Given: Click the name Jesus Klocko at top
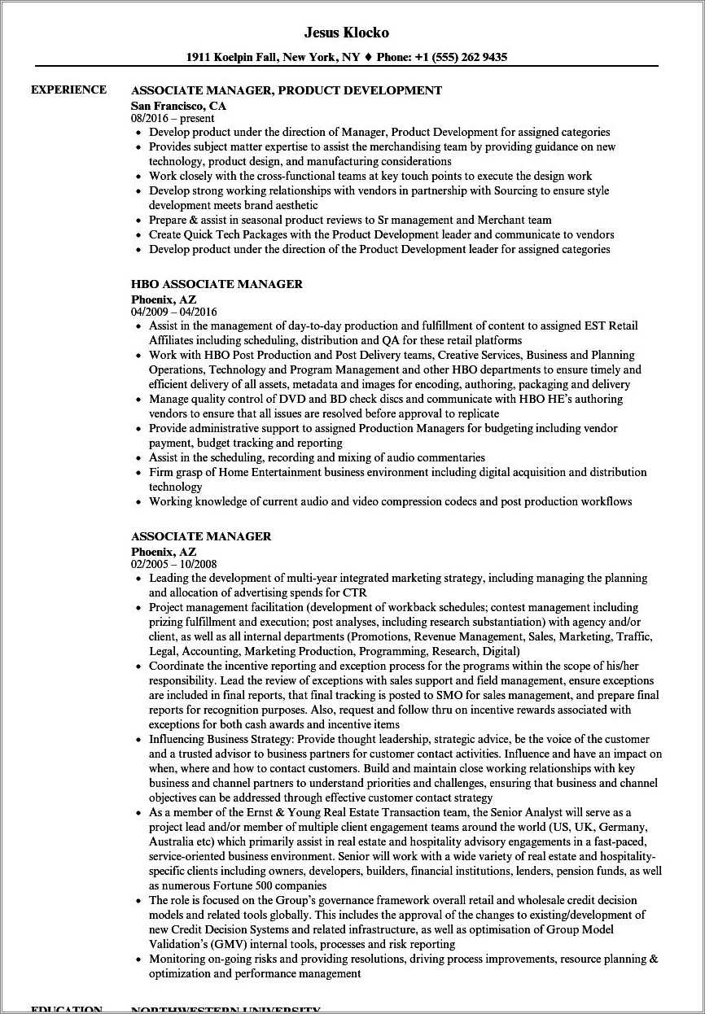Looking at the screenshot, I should pyautogui.click(x=346, y=33).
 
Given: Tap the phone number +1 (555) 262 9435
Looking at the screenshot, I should pyautogui.click(x=461, y=57).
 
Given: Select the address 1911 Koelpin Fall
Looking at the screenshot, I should pyautogui.click(x=233, y=57).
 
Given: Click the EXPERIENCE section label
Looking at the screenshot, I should pyautogui.click(x=68, y=90).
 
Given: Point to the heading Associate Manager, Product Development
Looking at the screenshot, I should pyautogui.click(x=286, y=90).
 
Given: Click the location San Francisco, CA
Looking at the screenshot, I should pyautogui.click(x=178, y=106).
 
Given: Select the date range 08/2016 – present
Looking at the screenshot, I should pyautogui.click(x=173, y=119).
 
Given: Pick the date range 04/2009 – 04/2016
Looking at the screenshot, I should pyautogui.click(x=173, y=312).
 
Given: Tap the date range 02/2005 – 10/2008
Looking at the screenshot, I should pyautogui.click(x=173, y=564).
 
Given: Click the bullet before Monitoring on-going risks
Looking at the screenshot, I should pyautogui.click(x=138, y=959).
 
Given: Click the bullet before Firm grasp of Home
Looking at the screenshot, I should pyautogui.click(x=138, y=473).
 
